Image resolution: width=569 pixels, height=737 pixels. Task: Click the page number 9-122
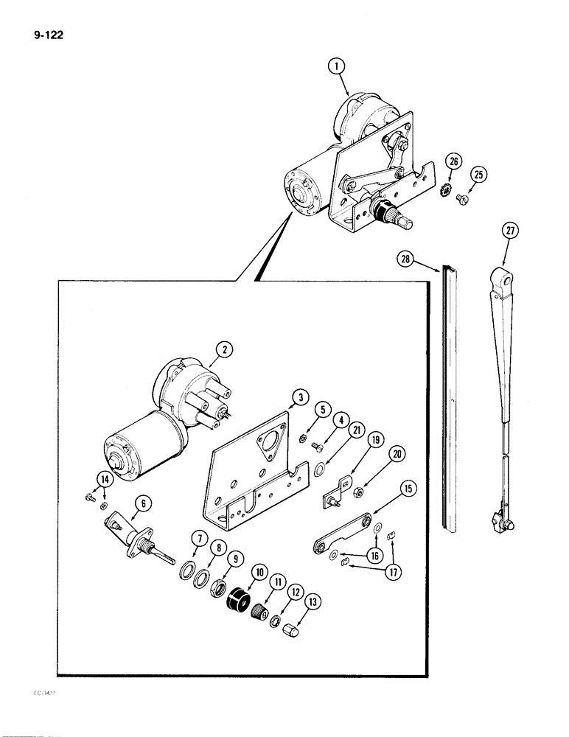[x=46, y=33]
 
